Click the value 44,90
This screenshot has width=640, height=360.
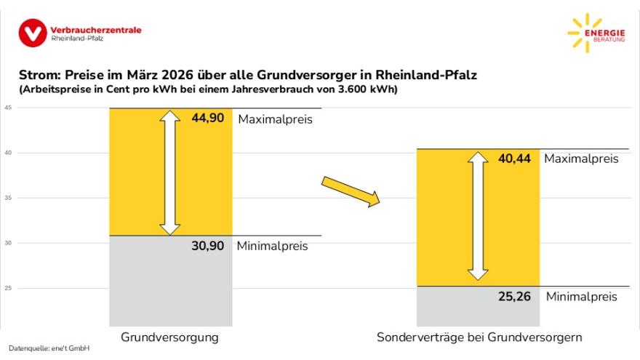click(207, 118)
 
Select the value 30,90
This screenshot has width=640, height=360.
click(207, 246)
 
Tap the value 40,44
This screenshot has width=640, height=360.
click(515, 159)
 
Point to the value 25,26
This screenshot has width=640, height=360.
click(515, 297)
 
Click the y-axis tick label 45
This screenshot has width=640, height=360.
click(8, 108)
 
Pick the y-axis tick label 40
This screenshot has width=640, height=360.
click(8, 153)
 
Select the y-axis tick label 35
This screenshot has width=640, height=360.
click(8, 198)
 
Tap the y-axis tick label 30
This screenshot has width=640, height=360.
click(8, 243)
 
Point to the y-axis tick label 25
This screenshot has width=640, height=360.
click(8, 288)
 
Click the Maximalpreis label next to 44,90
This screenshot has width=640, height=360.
click(275, 119)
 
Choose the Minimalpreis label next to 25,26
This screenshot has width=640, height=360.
click(581, 297)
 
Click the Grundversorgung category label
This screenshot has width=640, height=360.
click(169, 337)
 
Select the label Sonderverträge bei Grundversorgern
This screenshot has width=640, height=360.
click(479, 337)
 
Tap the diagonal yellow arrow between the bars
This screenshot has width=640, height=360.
click(351, 191)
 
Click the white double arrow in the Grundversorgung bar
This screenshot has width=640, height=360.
click(170, 172)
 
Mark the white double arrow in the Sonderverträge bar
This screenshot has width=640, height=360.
click(478, 215)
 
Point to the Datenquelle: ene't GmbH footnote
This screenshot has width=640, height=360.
click(49, 349)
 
